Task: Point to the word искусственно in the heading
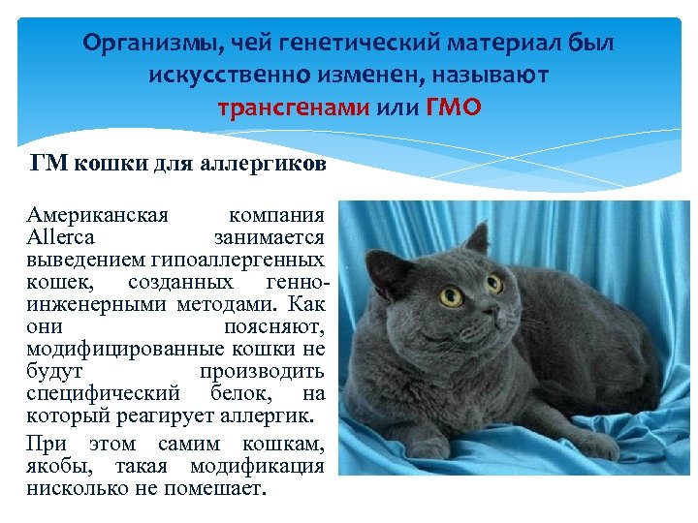point(219,75)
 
